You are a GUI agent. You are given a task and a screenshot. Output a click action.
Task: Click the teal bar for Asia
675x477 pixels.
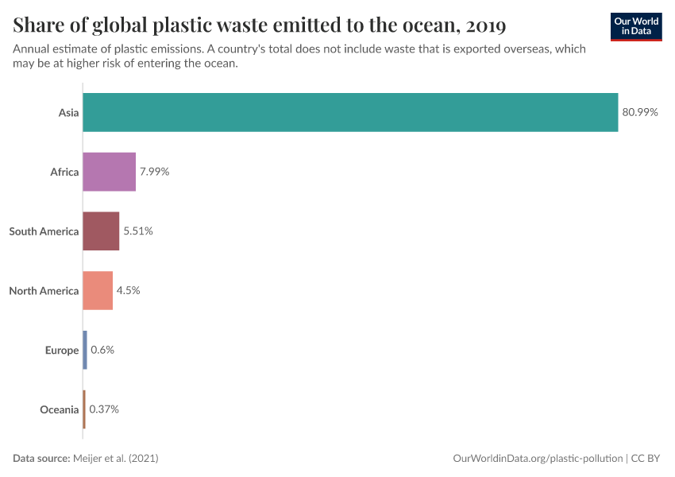point(350,112)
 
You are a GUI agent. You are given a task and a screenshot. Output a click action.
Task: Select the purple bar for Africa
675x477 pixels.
point(110,172)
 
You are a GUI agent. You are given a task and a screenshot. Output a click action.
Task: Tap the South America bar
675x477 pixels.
point(101,231)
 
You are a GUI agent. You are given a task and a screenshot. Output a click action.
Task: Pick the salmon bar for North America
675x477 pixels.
point(98,290)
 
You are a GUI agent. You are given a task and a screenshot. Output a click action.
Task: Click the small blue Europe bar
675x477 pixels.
point(85,350)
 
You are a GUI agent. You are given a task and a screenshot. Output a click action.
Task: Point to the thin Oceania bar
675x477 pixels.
point(84,409)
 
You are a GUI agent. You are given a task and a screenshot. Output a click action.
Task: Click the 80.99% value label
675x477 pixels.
point(640,112)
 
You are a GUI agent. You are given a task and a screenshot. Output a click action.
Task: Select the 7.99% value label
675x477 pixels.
point(155,172)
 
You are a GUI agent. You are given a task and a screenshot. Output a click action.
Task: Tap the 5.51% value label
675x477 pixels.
point(138,231)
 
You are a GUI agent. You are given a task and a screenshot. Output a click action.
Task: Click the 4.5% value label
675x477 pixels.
point(129,290)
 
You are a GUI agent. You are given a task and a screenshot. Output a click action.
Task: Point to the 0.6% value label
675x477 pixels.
point(102,350)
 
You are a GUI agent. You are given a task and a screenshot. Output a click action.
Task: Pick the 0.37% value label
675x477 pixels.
point(104,409)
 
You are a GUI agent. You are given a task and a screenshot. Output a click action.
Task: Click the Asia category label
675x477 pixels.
point(68,112)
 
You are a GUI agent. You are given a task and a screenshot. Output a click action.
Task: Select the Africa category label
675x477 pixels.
point(64,172)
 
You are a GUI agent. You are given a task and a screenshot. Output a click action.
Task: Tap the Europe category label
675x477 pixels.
point(62,350)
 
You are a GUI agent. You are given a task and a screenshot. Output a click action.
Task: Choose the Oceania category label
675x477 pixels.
point(60,409)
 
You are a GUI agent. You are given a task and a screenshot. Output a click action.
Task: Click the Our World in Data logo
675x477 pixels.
point(636,26)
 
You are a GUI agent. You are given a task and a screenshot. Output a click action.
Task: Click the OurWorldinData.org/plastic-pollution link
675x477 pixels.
point(538,459)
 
